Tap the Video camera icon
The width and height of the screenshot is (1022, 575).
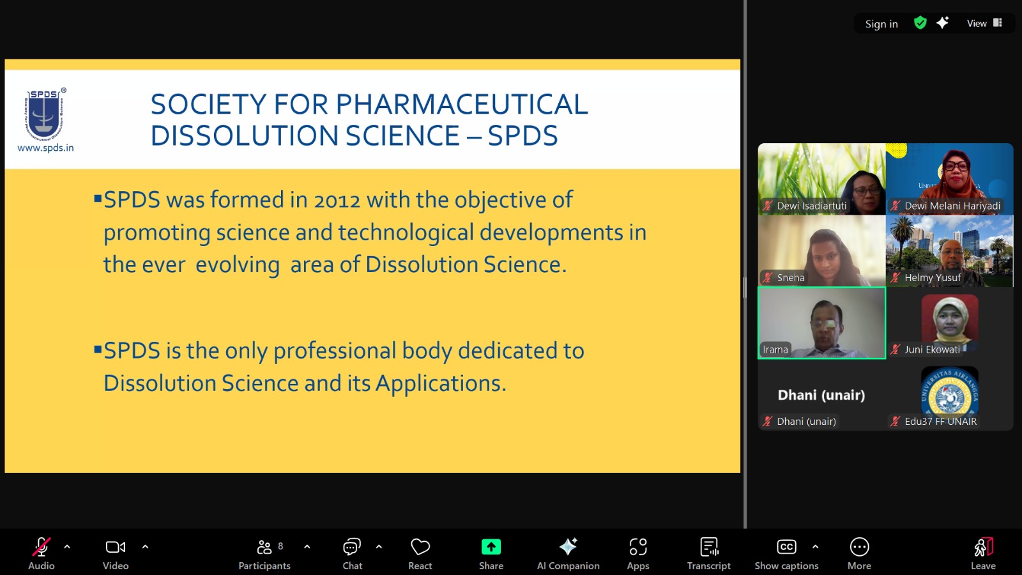coord(116,547)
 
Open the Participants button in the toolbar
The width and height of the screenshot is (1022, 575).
coord(264,553)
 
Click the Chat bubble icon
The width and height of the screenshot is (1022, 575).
coord(352,547)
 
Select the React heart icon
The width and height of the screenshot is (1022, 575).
coord(420,547)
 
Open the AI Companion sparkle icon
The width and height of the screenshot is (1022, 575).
coord(568,547)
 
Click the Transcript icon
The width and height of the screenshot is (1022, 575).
coord(709,547)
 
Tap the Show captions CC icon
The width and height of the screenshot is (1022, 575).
coord(786,547)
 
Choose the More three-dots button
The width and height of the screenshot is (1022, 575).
coord(859,547)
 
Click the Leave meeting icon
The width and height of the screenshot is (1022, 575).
coord(983,547)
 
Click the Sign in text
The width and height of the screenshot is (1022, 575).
coord(881,24)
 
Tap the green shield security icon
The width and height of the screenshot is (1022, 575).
coord(920,23)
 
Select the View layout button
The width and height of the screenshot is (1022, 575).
coord(984,23)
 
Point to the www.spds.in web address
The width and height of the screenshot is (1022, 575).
coord(45,148)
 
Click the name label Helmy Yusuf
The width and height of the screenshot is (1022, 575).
coord(932,277)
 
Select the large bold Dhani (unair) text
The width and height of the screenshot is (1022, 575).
coord(821,395)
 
